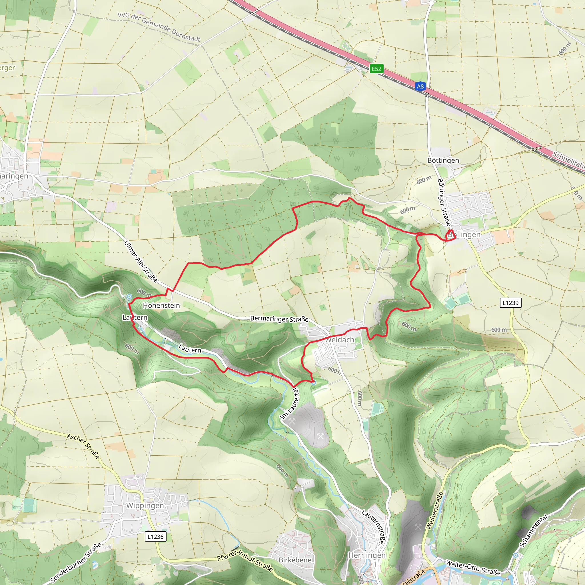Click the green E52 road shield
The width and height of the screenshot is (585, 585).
[x=376, y=69]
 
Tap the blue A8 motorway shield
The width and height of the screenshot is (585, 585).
[x=420, y=86]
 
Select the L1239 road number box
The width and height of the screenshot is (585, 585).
[x=510, y=303]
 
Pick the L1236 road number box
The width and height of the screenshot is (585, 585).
[x=155, y=536]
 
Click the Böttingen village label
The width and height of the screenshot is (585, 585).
[x=443, y=161]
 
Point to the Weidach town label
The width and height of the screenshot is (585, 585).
[x=339, y=340]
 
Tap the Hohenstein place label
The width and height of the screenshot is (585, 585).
[x=161, y=306]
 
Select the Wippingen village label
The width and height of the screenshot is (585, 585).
[x=145, y=505]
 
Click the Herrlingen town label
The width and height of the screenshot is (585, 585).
[x=367, y=555]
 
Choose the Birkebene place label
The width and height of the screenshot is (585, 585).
[x=295, y=560]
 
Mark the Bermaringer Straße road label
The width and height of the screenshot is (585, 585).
[x=279, y=319]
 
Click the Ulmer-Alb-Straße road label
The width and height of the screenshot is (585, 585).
[x=141, y=262]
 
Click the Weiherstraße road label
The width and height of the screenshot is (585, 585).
[x=434, y=510]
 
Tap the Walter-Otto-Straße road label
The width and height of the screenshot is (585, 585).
[x=473, y=568]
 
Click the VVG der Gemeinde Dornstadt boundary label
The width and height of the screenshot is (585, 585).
[x=159, y=27]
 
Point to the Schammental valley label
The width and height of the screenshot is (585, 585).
[x=534, y=531]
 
